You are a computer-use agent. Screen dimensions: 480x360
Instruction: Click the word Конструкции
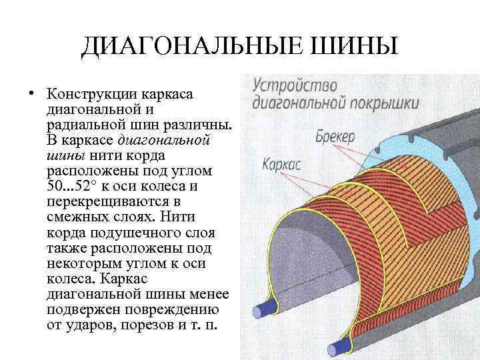pyautogui.click(x=90, y=93)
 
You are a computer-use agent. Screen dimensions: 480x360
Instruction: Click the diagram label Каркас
pyautogui.click(x=282, y=164)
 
